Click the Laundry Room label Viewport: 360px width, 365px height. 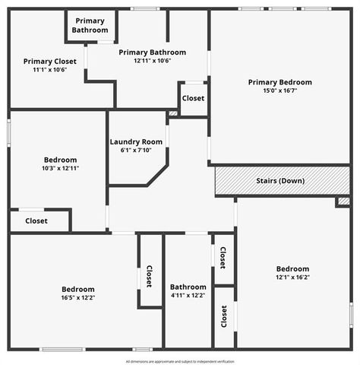(x=136, y=141)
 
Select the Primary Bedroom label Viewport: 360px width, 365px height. (x=279, y=82)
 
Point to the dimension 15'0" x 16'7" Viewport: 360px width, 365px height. (x=279, y=90)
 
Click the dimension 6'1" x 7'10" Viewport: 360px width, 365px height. (x=136, y=151)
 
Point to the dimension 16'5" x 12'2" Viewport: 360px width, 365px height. (x=78, y=298)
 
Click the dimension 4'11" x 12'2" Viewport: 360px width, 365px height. (x=188, y=296)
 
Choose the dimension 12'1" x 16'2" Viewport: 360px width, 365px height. (x=292, y=278)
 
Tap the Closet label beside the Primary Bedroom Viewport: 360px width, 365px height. (x=193, y=98)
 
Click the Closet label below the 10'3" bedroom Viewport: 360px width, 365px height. (x=36, y=221)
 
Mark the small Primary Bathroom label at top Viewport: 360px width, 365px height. (x=90, y=25)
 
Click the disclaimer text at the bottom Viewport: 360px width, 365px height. (x=180, y=361)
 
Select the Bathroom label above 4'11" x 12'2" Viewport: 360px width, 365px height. (x=188, y=287)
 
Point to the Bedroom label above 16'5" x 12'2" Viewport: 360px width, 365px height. (x=78, y=289)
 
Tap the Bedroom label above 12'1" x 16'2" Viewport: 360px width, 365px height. (x=292, y=269)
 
